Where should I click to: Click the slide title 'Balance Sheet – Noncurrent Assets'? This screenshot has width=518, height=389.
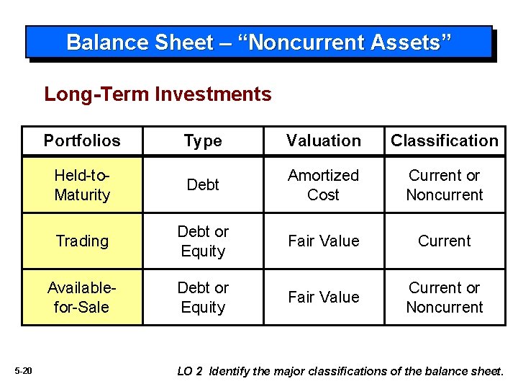259,43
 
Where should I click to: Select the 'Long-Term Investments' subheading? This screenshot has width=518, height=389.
158,94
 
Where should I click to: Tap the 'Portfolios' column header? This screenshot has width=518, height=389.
82,140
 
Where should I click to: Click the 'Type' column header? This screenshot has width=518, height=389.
203,140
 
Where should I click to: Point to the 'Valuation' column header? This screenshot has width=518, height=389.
324,140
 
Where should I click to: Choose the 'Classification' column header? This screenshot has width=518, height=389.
444,140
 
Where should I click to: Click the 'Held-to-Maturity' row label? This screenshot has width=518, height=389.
82,185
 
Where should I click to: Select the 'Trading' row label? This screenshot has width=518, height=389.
82,241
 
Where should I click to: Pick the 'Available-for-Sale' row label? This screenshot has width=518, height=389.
82,298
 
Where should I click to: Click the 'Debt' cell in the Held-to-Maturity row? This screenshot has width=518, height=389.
203,185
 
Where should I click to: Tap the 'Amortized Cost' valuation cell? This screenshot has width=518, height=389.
324,185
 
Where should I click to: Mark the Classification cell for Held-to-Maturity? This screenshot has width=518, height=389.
444,185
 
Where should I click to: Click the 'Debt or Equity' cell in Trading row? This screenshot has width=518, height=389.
203,241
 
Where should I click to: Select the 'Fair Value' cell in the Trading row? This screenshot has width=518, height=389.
324,241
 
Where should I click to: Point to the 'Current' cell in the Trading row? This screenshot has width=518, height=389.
444,241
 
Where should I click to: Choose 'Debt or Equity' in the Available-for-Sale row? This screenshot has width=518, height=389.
203,298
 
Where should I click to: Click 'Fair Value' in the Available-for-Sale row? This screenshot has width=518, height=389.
324,298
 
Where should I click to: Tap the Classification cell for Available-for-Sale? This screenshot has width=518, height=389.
444,298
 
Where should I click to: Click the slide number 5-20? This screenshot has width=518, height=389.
23,371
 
